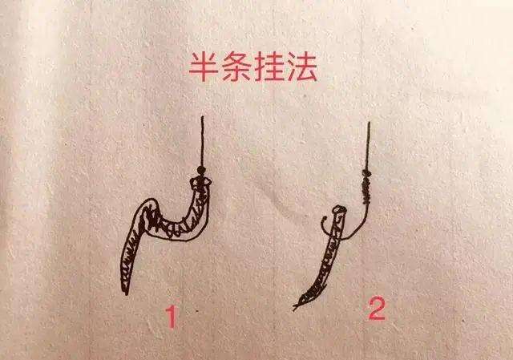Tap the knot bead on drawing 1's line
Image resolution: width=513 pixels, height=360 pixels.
click(200, 172)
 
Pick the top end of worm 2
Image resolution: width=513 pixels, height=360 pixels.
click(339, 211)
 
